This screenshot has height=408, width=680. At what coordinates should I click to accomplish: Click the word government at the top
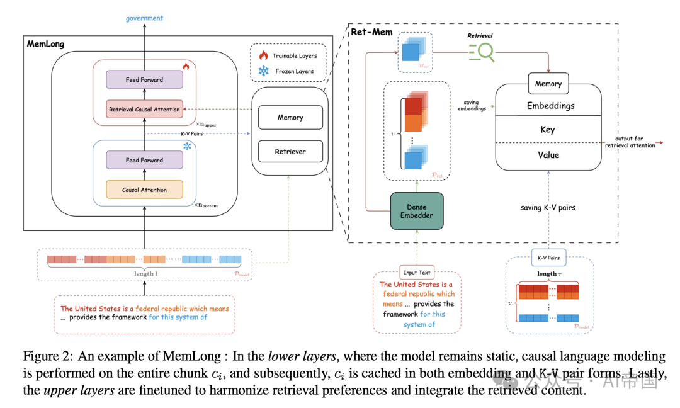(144, 18)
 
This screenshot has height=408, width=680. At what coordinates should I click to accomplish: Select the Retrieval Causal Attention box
(144, 110)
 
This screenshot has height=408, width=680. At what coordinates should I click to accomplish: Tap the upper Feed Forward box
(144, 80)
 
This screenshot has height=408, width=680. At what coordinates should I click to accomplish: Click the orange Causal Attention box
(144, 190)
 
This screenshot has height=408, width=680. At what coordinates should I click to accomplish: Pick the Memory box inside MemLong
(290, 118)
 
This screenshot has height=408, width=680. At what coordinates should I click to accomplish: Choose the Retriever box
(290, 152)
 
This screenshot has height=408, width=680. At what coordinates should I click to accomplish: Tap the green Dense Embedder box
(417, 211)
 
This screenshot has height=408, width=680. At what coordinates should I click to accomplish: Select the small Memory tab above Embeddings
(548, 84)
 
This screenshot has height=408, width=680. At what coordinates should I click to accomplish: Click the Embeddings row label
(550, 106)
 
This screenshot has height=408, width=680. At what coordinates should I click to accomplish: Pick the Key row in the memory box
(548, 130)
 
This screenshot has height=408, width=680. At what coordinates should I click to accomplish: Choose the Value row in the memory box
(548, 155)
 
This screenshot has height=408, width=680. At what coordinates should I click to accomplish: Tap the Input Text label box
(417, 273)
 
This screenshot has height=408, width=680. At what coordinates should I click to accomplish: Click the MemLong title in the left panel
(45, 44)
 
